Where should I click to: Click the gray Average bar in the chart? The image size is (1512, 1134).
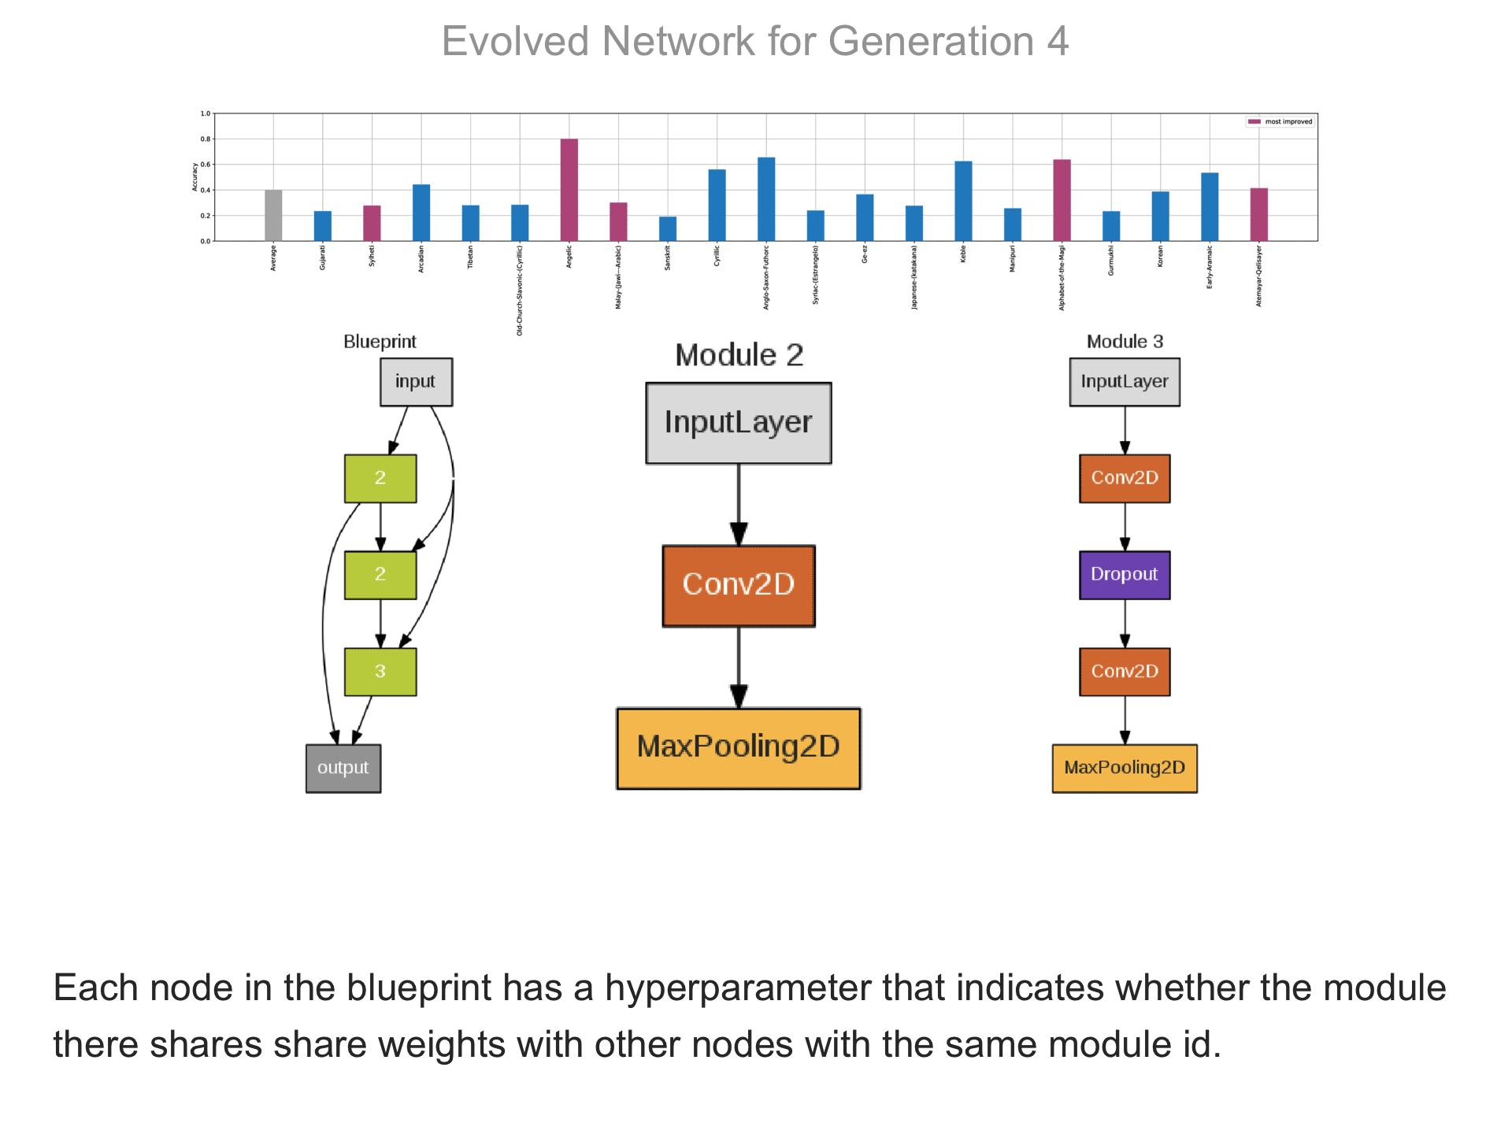(x=273, y=215)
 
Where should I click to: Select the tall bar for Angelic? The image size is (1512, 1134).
(x=569, y=190)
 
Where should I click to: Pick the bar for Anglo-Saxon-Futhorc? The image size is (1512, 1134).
(x=766, y=199)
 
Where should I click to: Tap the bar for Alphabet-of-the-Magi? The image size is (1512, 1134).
(x=1062, y=200)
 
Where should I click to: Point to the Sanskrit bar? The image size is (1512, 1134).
(x=668, y=228)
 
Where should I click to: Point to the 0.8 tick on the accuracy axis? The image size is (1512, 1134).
(x=206, y=139)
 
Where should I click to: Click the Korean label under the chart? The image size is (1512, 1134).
(x=1160, y=257)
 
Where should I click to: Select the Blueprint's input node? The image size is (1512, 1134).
(x=416, y=382)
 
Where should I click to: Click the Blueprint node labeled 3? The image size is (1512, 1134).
(x=380, y=672)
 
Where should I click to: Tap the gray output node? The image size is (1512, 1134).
(x=343, y=768)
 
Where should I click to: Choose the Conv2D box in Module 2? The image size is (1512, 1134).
(x=739, y=585)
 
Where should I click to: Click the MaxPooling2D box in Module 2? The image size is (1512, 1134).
(x=739, y=747)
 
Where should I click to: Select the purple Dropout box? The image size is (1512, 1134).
(x=1125, y=575)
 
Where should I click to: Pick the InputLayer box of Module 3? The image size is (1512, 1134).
(x=1125, y=382)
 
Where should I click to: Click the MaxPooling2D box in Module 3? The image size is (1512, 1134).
(x=1125, y=768)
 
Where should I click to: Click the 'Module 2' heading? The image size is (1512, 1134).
(x=739, y=355)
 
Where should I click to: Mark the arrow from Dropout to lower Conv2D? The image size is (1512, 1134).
(x=1125, y=623)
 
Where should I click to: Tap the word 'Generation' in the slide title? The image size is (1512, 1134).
(x=931, y=42)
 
